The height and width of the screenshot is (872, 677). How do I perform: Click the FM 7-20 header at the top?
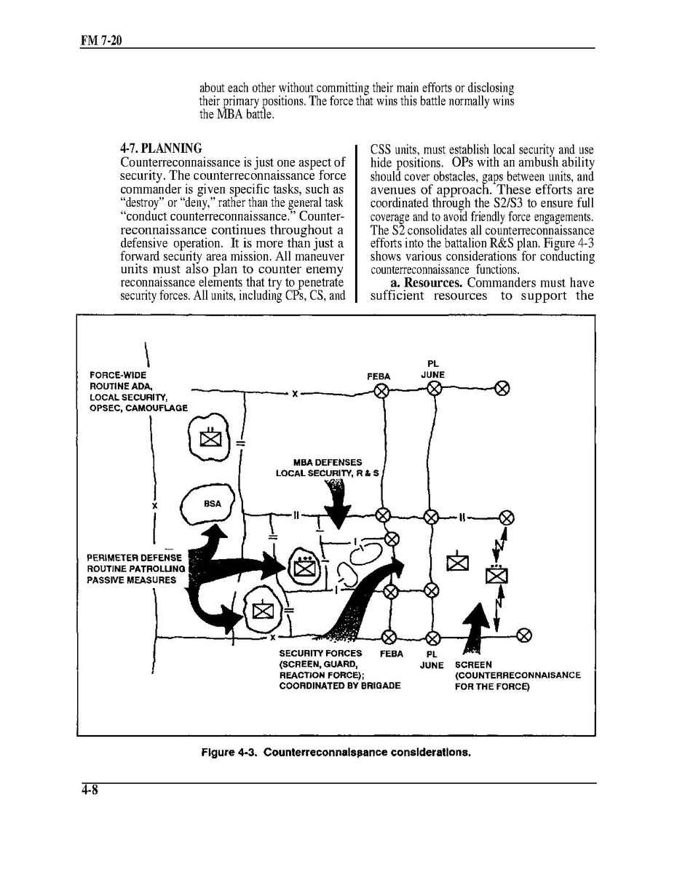click(x=100, y=41)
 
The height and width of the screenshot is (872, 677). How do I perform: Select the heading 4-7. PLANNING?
click(x=161, y=148)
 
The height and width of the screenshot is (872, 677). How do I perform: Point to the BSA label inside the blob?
click(x=212, y=504)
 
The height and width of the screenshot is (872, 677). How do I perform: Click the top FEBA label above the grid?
click(x=379, y=376)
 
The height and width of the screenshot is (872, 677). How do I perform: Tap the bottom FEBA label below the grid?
click(x=392, y=654)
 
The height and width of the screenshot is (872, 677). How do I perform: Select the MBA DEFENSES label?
click(x=327, y=462)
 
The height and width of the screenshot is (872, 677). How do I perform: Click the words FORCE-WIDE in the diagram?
click(x=118, y=376)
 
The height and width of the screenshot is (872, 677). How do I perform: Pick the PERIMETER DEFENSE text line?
click(x=134, y=558)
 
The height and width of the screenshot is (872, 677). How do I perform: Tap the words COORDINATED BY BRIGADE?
click(x=339, y=686)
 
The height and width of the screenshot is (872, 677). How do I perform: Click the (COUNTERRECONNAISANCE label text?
click(x=518, y=675)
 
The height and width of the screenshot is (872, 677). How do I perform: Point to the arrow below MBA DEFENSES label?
click(x=336, y=506)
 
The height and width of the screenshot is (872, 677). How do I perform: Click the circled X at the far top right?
click(x=502, y=388)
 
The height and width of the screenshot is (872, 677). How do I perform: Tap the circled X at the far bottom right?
click(x=523, y=635)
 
